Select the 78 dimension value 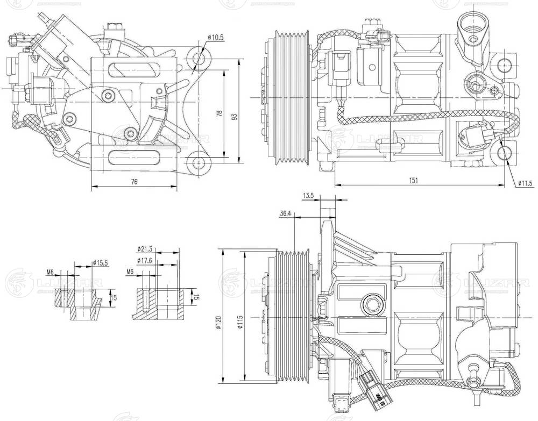[x=218, y=113]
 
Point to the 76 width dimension [x=134, y=182]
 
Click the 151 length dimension [x=413, y=181]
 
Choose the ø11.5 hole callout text [x=525, y=183]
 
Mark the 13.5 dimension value [x=308, y=196]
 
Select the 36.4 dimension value [x=286, y=214]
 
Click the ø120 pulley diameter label [x=218, y=322]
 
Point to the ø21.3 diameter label [x=146, y=249]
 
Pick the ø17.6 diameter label [x=145, y=261]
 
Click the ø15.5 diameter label [x=101, y=263]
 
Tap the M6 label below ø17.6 [x=130, y=272]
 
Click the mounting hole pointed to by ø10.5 [x=198, y=58]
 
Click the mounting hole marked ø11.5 [x=504, y=153]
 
